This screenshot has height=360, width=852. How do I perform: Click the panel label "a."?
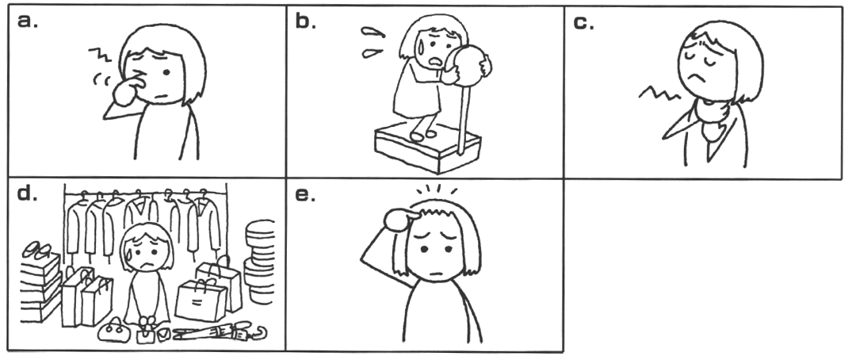(27, 21)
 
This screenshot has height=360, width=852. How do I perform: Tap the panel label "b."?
(306, 21)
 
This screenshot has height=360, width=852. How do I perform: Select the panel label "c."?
(583, 23)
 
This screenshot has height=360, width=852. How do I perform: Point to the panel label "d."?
(27, 194)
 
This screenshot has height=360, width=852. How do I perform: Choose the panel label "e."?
(305, 196)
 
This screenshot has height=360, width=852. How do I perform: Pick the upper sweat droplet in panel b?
(373, 32)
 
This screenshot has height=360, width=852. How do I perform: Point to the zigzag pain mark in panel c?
(659, 93)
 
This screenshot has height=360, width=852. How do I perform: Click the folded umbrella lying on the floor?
(222, 331)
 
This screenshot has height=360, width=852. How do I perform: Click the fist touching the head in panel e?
(400, 220)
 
